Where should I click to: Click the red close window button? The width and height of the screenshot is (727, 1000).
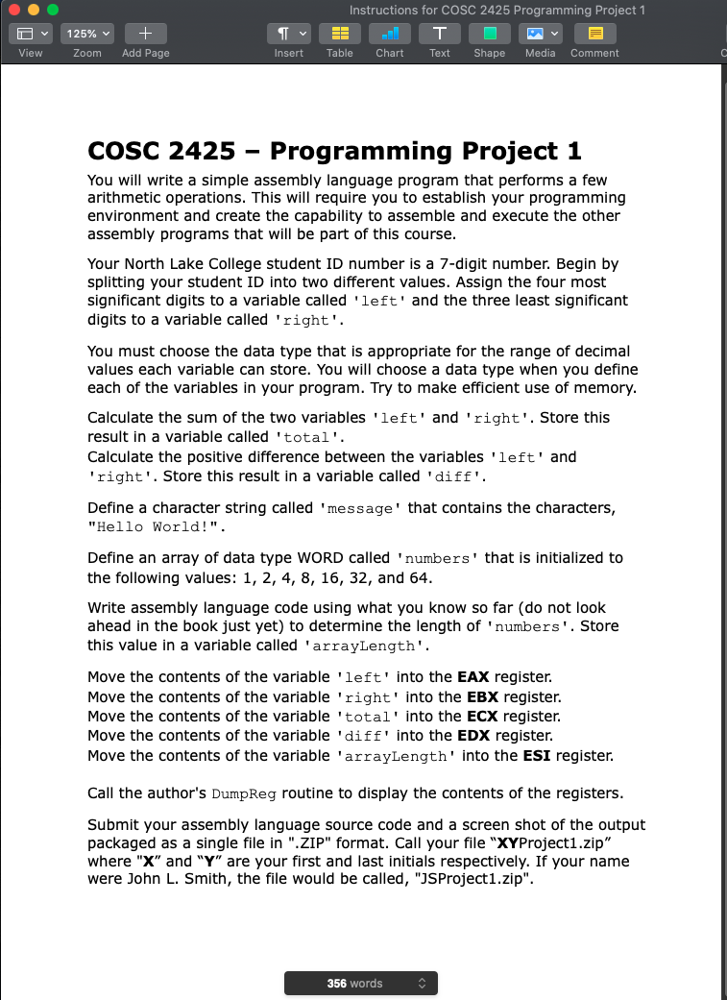14,10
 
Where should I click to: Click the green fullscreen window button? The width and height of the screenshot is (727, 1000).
53,10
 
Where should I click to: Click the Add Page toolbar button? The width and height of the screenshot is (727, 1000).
146,34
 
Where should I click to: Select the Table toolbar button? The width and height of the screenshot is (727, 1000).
339,34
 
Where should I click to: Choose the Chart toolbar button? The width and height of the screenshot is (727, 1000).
390,34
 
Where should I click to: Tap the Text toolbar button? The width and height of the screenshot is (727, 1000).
440,34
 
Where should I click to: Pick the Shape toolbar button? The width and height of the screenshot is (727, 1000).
490,34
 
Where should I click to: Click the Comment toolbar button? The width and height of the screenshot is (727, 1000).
594,34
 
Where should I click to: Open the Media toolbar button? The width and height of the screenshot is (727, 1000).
540,34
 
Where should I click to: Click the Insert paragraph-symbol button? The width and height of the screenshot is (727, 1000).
289,34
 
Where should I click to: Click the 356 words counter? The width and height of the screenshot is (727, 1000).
360,983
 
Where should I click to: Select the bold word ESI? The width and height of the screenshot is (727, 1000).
538,756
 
